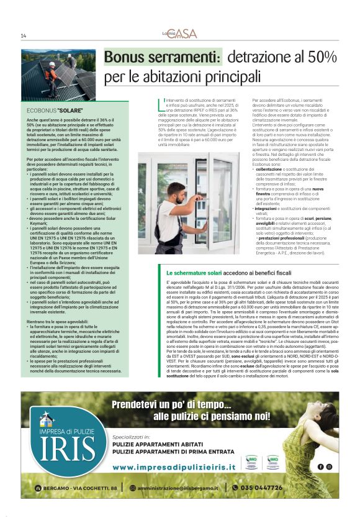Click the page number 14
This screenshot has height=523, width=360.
click(x=23, y=35)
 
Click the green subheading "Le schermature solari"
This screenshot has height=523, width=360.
click(x=193, y=273)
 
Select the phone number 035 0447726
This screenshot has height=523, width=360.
click(x=261, y=488)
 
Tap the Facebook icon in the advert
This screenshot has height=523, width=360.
click(x=320, y=466)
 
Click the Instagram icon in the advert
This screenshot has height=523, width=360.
click(x=329, y=466)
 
